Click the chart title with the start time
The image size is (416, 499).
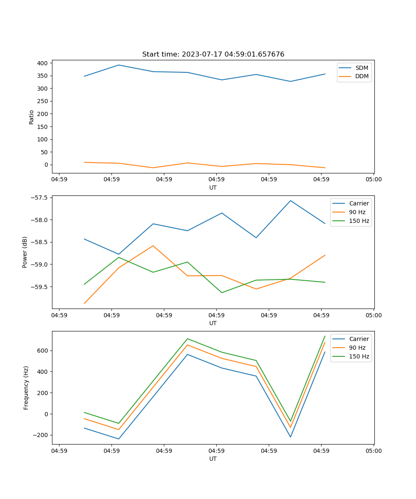[213, 54]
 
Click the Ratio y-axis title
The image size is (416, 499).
[32, 117]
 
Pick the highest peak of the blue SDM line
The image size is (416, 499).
[119, 65]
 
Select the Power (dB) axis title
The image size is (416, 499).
[25, 252]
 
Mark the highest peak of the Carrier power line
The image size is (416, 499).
[290, 200]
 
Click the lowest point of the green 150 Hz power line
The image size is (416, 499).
[222, 293]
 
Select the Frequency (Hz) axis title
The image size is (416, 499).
[26, 388]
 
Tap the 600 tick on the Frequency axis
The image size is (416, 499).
[43, 351]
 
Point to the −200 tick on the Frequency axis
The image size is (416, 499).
[40, 435]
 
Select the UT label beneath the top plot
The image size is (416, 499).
[213, 188]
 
